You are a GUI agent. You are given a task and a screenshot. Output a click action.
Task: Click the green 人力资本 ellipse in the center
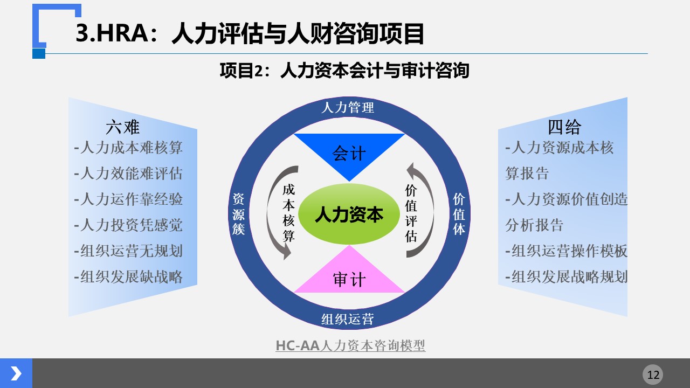[x=349, y=214]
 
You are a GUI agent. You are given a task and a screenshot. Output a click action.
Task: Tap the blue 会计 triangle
[x=349, y=151]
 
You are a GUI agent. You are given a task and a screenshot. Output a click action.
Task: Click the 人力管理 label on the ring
[x=348, y=108]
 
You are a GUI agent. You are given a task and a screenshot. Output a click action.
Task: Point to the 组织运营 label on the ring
[x=348, y=319]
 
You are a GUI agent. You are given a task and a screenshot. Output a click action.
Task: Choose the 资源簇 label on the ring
[x=239, y=214]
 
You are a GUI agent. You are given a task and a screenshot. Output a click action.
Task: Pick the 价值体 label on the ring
[x=459, y=214]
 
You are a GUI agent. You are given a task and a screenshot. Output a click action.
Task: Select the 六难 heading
[x=122, y=127]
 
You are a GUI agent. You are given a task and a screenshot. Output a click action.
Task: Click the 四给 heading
[x=564, y=127]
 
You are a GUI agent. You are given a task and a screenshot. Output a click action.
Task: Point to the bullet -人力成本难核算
[x=128, y=148]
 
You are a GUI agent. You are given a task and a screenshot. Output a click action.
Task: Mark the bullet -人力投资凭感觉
[x=128, y=225]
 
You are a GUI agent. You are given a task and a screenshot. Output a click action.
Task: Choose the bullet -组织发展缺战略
[x=128, y=277]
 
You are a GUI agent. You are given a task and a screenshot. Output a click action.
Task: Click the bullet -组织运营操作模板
[x=566, y=251]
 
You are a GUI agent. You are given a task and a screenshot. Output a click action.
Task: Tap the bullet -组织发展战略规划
[x=566, y=277]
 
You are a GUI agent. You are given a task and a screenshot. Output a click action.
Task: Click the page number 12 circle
[x=653, y=375]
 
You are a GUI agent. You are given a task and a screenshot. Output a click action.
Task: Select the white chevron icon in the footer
[x=16, y=373]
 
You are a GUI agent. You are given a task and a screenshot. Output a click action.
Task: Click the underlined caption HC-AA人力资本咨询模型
[x=350, y=345]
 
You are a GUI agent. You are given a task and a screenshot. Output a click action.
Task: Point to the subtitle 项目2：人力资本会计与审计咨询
[x=344, y=71]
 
